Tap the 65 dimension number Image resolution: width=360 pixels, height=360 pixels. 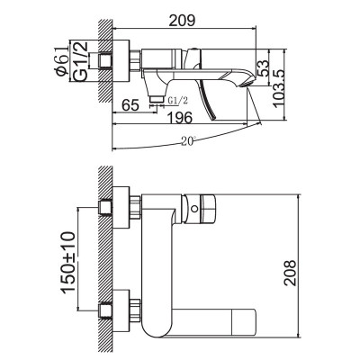[x=130, y=106]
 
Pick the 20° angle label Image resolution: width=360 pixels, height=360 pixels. [x=186, y=141]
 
